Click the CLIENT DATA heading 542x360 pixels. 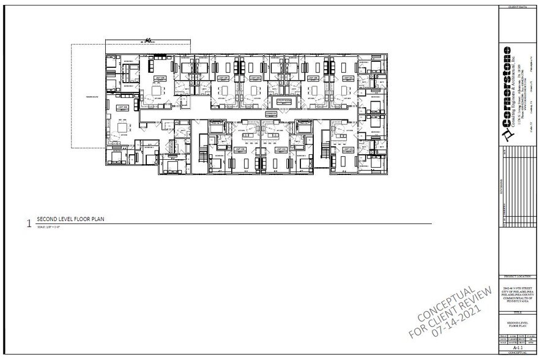pyautogui.click(x=518, y=7)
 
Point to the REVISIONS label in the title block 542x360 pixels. pyautogui.click(x=501, y=184)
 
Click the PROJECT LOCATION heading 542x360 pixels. pyautogui.click(x=518, y=277)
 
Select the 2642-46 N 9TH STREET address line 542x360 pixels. pyautogui.click(x=518, y=287)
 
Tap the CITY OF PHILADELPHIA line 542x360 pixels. pyautogui.click(x=518, y=290)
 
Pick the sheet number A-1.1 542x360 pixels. pyautogui.click(x=518, y=347)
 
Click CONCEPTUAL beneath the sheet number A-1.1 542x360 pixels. pyautogui.click(x=518, y=353)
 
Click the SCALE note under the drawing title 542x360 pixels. pyautogui.click(x=50, y=227)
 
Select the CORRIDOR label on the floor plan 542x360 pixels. pyautogui.click(x=271, y=114)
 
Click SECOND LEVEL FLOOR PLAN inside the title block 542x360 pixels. pyautogui.click(x=518, y=324)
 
